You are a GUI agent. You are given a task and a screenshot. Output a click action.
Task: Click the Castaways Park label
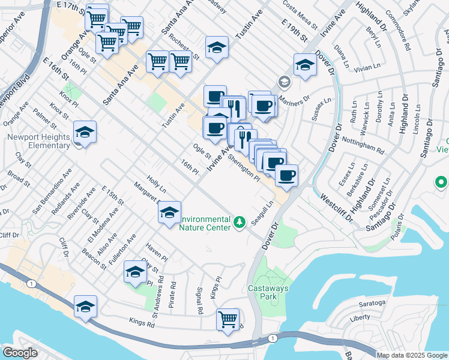point(269,292)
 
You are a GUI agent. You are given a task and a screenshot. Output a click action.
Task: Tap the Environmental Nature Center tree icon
point(240,223)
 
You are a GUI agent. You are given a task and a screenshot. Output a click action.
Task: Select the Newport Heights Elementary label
point(39,140)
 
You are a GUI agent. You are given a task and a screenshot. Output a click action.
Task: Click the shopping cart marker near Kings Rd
point(228,319)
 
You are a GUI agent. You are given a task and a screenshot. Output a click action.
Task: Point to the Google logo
point(20,353)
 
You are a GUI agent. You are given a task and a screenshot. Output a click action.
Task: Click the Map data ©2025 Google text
point(412,355)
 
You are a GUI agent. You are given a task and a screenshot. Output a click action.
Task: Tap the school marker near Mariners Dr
point(305,66)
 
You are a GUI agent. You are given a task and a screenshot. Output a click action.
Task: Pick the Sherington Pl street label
point(244,169)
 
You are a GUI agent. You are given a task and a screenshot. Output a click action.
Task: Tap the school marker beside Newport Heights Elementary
point(85,133)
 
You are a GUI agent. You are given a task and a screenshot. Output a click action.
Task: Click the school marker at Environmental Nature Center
point(170,213)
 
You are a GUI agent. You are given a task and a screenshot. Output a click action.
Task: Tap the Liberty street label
point(360,317)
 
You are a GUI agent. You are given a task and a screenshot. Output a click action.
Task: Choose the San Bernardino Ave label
point(52,190)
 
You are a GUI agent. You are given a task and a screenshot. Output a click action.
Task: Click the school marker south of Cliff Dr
point(85,307)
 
